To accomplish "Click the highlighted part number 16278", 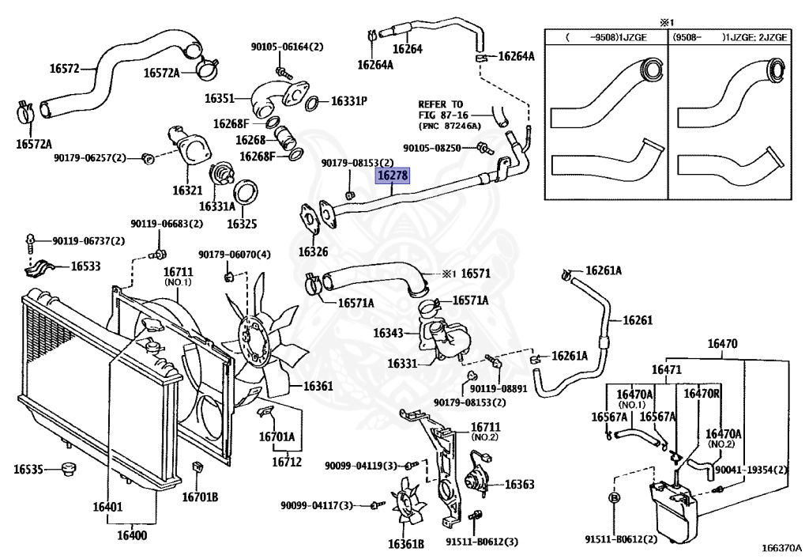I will pyautogui.click(x=393, y=176).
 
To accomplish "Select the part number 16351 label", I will pyautogui.click(x=220, y=99).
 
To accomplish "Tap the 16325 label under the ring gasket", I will pyautogui.click(x=242, y=224).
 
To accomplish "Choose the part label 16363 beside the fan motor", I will pyautogui.click(x=519, y=484).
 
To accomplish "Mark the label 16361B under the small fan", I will pyautogui.click(x=406, y=543).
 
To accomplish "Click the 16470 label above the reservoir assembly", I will pyautogui.click(x=721, y=344).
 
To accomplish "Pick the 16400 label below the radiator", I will pyautogui.click(x=132, y=535).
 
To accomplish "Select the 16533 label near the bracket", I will pyautogui.click(x=86, y=266).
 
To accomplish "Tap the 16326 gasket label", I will pyautogui.click(x=313, y=252).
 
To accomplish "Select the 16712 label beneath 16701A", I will pyautogui.click(x=287, y=462).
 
